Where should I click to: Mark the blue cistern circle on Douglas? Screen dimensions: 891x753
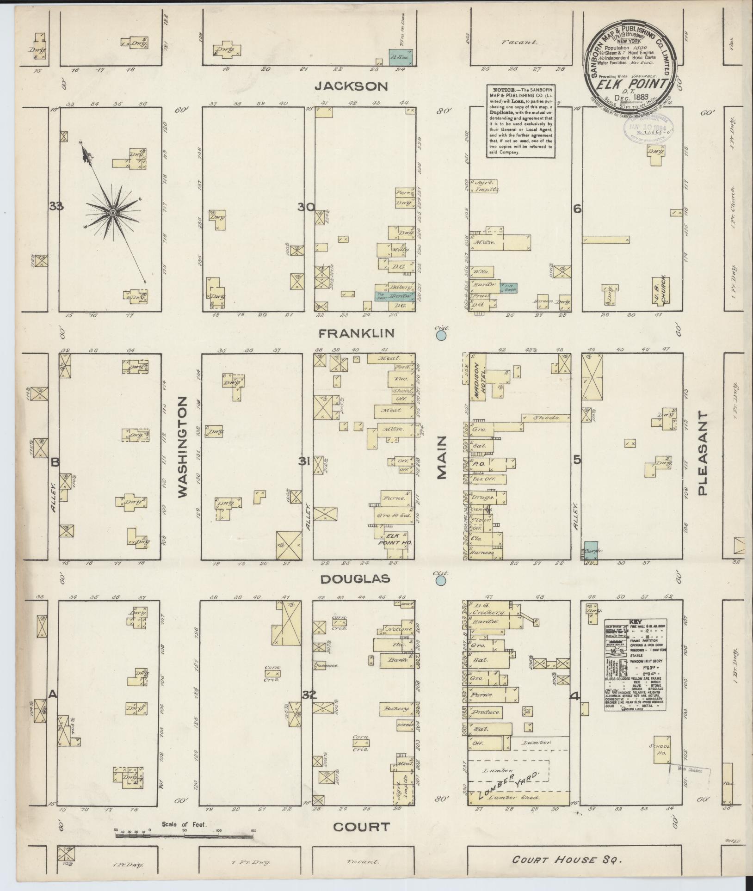(x=441, y=580)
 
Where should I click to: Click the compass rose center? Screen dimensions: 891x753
(x=112, y=213)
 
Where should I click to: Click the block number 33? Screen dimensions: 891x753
(x=56, y=206)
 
